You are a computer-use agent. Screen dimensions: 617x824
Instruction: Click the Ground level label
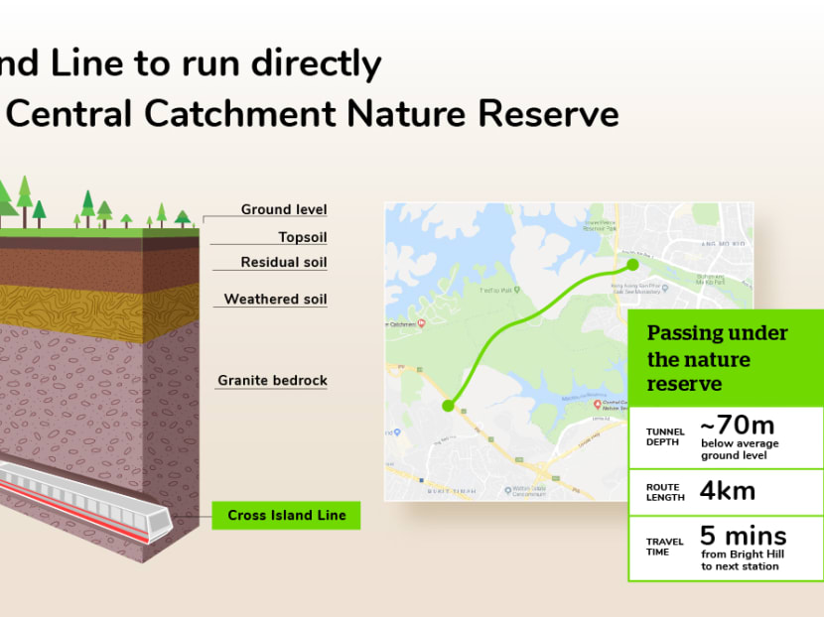pos(284,209)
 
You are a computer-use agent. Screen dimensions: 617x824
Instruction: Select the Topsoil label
pos(302,237)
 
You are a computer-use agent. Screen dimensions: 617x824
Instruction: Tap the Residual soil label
pos(284,263)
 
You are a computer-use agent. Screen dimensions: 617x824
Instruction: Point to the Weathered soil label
pos(275,299)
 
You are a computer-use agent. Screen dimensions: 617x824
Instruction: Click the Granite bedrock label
pos(272,380)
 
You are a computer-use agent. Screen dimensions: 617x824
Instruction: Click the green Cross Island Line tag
pos(286,515)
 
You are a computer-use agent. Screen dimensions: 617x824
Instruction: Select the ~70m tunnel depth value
pos(738,425)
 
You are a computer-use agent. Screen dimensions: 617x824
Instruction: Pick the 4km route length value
pos(728,490)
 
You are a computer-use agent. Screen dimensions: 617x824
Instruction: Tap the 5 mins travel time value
pos(743,537)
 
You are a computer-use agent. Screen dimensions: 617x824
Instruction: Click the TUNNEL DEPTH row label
pos(664,436)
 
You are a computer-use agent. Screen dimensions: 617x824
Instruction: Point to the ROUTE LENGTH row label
pos(664,492)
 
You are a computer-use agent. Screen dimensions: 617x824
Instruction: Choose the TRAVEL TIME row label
pos(664,547)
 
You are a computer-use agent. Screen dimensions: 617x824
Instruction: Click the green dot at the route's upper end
pos(631,265)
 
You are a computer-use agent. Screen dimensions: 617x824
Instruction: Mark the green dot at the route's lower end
pos(448,405)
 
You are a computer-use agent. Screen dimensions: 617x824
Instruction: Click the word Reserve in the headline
pos(549,113)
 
